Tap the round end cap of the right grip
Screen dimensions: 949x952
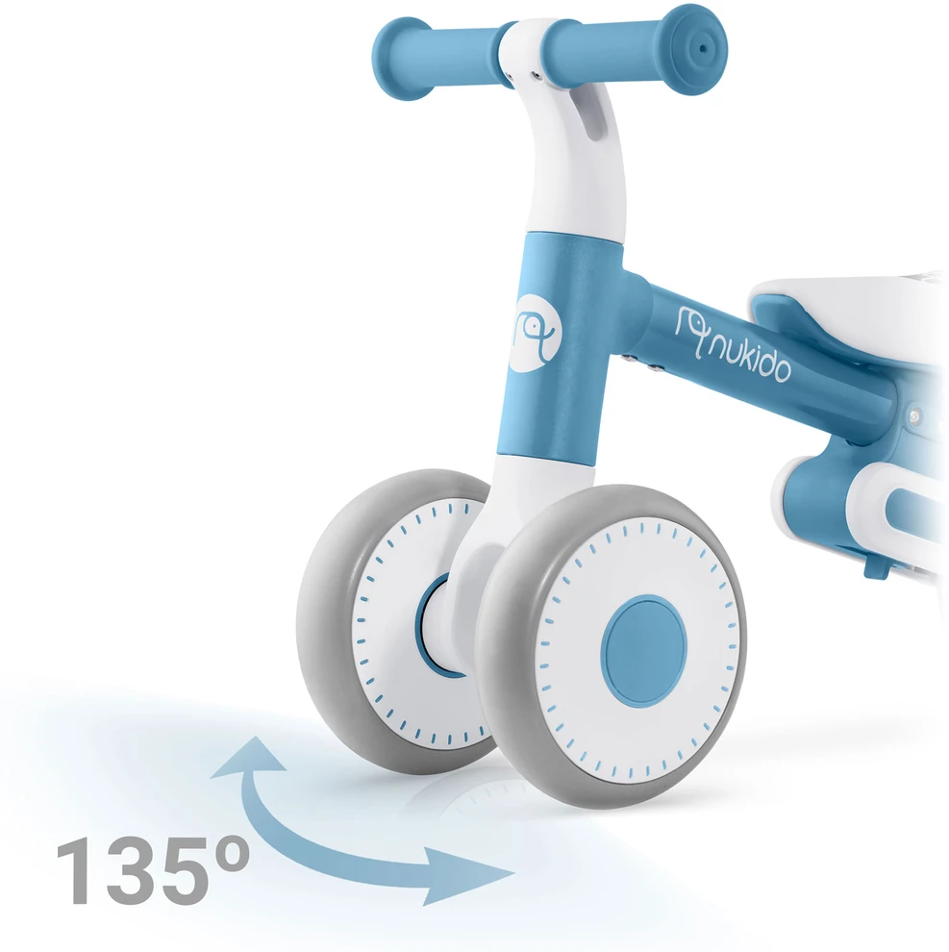(696, 49)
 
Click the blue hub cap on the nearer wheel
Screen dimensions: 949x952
(644, 650)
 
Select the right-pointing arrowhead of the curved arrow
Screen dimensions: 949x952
(466, 874)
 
